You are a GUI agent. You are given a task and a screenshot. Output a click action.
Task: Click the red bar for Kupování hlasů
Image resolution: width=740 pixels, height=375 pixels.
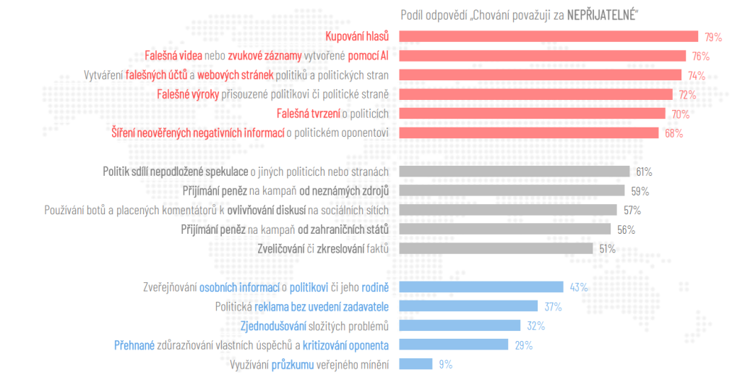pos(548,37)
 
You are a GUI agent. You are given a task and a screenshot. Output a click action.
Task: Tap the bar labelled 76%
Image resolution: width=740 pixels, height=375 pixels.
pos(543,56)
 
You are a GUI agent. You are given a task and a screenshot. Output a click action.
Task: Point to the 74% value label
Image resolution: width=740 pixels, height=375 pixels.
pos(696,75)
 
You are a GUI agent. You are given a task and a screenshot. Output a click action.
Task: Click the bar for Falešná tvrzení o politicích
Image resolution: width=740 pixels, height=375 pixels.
pos(532,114)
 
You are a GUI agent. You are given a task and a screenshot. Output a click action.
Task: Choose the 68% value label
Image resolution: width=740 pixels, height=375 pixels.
pos(674,133)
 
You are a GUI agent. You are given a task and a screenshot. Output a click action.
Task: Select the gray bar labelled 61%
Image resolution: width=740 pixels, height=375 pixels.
pos(515,172)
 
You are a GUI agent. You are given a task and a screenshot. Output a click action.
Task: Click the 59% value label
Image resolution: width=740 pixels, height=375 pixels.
pos(640,191)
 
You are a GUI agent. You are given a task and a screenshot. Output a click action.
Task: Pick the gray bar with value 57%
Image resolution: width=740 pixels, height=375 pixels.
pos(508,210)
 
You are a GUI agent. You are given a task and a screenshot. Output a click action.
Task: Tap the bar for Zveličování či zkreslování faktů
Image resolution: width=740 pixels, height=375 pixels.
pos(497,248)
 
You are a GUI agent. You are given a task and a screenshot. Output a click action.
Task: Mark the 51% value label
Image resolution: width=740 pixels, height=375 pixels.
pos(607,249)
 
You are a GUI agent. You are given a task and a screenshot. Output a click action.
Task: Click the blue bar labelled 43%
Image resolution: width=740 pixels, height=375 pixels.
pos(481,287)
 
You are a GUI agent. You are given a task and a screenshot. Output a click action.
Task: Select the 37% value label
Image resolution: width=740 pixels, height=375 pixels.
pos(554,307)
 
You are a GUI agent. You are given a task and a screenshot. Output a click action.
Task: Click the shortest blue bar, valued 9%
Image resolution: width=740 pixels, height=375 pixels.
pos(416,364)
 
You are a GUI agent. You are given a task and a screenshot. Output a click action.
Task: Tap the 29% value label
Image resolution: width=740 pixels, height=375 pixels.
pos(524,345)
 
